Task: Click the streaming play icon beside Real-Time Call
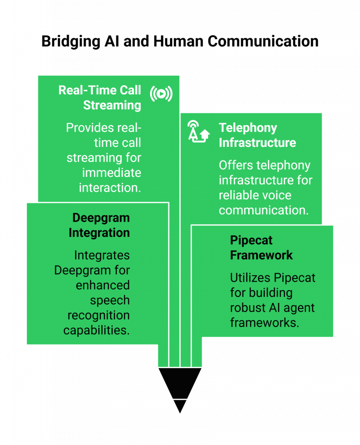pos(161,94)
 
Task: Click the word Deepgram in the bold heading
pos(101,218)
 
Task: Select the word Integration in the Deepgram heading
pos(99,232)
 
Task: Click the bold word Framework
pos(261,255)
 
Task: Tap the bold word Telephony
pos(248,128)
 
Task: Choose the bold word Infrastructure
pos(257,143)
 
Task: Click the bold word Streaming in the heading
pos(112,105)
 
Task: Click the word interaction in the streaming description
pos(110,187)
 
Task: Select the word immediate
pos(112,173)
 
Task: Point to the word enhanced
pos(103,285)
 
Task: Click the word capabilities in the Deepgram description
pos(97,330)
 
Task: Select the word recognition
pos(98,315)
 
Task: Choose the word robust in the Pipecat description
pos(248,308)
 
